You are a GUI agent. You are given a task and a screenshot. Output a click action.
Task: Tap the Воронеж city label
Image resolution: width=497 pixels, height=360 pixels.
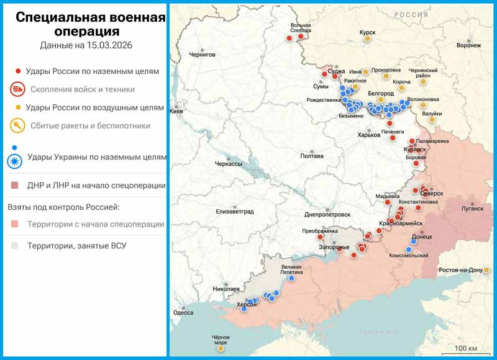tap(468, 45)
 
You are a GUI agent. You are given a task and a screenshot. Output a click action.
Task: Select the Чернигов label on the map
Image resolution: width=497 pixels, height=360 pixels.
tap(202, 55)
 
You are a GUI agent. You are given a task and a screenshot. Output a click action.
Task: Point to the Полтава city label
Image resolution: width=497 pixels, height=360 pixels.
tap(312, 156)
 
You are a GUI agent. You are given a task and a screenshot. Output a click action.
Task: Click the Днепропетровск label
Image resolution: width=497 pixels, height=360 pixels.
tap(327, 214)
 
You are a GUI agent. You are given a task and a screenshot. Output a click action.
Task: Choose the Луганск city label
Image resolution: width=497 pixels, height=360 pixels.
tap(472, 209)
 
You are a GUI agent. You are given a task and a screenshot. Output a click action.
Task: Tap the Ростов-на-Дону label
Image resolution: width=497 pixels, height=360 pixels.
tap(460, 271)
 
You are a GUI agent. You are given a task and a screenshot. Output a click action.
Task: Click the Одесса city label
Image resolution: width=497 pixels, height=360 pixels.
tap(183, 313)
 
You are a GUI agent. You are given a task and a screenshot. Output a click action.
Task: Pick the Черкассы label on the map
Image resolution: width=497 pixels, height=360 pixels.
tap(228, 163)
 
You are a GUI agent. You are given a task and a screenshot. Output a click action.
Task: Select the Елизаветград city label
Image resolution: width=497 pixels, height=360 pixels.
tap(235, 212)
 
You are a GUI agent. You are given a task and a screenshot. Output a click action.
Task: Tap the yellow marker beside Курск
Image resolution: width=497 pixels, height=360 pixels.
tap(368, 39)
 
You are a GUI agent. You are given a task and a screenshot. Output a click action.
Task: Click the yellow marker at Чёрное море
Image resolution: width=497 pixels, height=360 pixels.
tap(221, 349)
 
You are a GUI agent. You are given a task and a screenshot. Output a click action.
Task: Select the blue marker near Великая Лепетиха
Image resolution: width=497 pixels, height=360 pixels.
tap(291, 278)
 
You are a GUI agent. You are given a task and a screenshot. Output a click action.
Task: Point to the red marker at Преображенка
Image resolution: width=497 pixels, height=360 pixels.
tap(320, 236)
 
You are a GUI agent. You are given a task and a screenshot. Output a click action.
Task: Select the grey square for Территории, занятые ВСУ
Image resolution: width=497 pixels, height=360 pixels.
tap(15, 246)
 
